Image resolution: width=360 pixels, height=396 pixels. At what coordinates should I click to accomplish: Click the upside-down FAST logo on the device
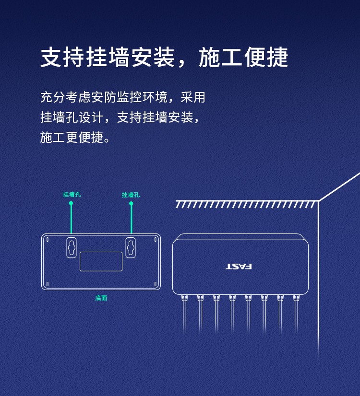coord(239,267)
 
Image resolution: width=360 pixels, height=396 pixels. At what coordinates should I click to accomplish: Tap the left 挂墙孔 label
coord(72,194)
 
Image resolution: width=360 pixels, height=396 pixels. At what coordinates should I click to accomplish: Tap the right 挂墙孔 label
coord(131,195)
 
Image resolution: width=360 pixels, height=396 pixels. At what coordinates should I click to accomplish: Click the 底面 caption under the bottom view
coord(101,298)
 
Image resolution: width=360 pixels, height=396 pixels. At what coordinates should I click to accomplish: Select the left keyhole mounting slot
coord(72,247)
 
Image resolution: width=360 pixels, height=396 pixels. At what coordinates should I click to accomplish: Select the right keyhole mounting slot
coord(131,247)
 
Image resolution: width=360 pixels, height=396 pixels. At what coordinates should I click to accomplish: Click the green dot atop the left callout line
coord(71,203)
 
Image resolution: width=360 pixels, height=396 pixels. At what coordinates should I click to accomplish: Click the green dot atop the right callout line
coord(131,203)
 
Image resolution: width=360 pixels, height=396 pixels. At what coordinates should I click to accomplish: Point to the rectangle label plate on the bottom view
coord(101,261)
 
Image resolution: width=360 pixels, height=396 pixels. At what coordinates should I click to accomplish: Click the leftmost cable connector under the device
coord(184,298)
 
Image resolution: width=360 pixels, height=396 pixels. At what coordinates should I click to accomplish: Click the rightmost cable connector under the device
coord(296,298)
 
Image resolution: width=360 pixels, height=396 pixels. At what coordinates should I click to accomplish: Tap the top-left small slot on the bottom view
coord(47,239)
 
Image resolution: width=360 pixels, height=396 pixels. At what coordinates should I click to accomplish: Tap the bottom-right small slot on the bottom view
coord(155,284)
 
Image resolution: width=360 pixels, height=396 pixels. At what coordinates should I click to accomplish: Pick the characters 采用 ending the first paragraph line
coord(192,97)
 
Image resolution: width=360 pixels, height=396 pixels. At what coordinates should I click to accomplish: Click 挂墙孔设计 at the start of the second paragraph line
coord(72,117)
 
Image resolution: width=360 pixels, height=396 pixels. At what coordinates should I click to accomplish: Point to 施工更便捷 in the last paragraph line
coord(72,138)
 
